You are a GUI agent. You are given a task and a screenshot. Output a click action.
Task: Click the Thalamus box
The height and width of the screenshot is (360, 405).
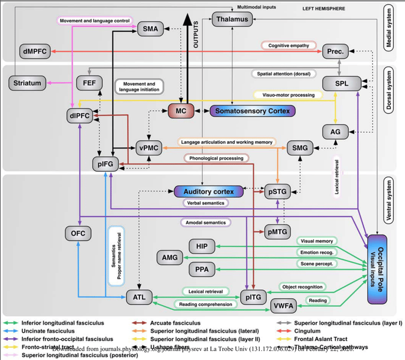[x=233, y=19]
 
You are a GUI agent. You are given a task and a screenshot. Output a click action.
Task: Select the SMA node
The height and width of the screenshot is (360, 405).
[x=150, y=30]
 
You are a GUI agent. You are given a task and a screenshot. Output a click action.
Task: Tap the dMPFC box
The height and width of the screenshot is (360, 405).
[x=33, y=51]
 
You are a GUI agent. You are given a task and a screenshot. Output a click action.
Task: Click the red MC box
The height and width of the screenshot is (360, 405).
[x=180, y=111]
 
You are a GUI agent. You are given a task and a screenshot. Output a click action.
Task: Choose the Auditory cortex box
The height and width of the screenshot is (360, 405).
[x=209, y=191]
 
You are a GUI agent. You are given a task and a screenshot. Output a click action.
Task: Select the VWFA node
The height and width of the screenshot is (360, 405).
[x=283, y=306]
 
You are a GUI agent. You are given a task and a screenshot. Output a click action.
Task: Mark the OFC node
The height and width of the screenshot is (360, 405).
[x=78, y=232]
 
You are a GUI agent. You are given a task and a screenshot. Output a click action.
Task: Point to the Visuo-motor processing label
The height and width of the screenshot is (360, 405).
[x=288, y=94]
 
